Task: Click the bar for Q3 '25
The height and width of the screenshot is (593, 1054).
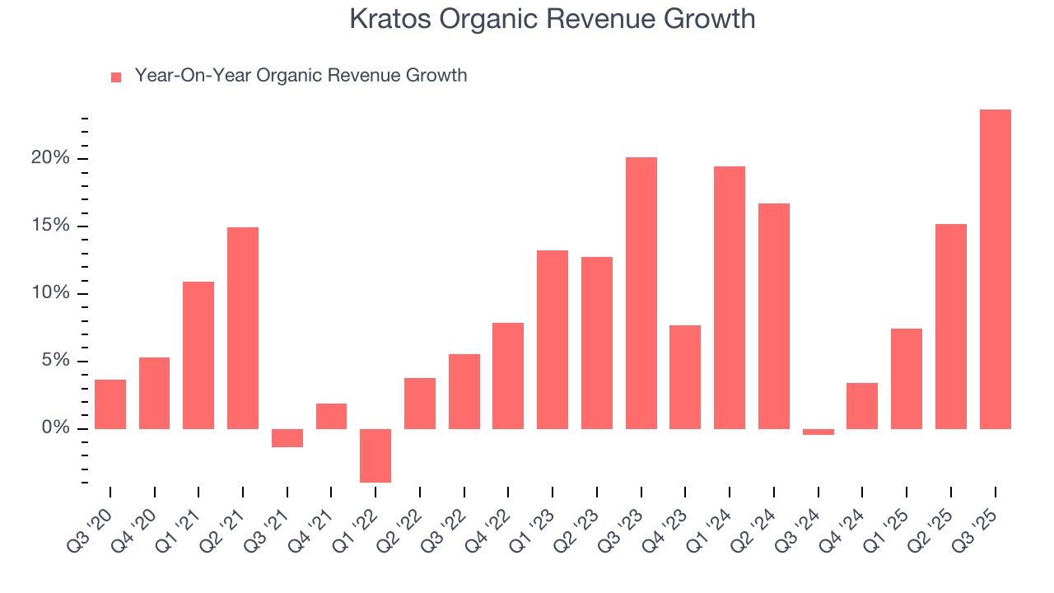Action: [x=995, y=269]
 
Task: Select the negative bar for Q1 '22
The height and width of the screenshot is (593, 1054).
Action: [x=375, y=455]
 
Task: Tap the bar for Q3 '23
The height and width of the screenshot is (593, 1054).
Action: [x=641, y=293]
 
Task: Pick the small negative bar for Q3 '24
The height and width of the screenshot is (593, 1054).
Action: [x=818, y=432]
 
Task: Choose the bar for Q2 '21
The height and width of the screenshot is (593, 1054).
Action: [x=243, y=328]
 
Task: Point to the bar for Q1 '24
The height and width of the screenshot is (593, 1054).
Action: [x=730, y=297]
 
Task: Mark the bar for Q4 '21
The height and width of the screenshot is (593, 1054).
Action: [x=331, y=416]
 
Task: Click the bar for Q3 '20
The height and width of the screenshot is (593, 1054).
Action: [x=110, y=404]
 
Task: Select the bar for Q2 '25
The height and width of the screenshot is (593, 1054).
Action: [x=951, y=326]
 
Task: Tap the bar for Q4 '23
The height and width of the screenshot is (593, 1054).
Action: [x=685, y=377]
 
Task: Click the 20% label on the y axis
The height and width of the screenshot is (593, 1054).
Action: [x=50, y=158]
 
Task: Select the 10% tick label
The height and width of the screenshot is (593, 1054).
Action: [x=50, y=293]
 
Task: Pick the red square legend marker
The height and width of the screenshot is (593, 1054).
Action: [x=116, y=77]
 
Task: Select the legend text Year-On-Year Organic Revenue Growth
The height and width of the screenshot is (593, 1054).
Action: [x=301, y=76]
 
